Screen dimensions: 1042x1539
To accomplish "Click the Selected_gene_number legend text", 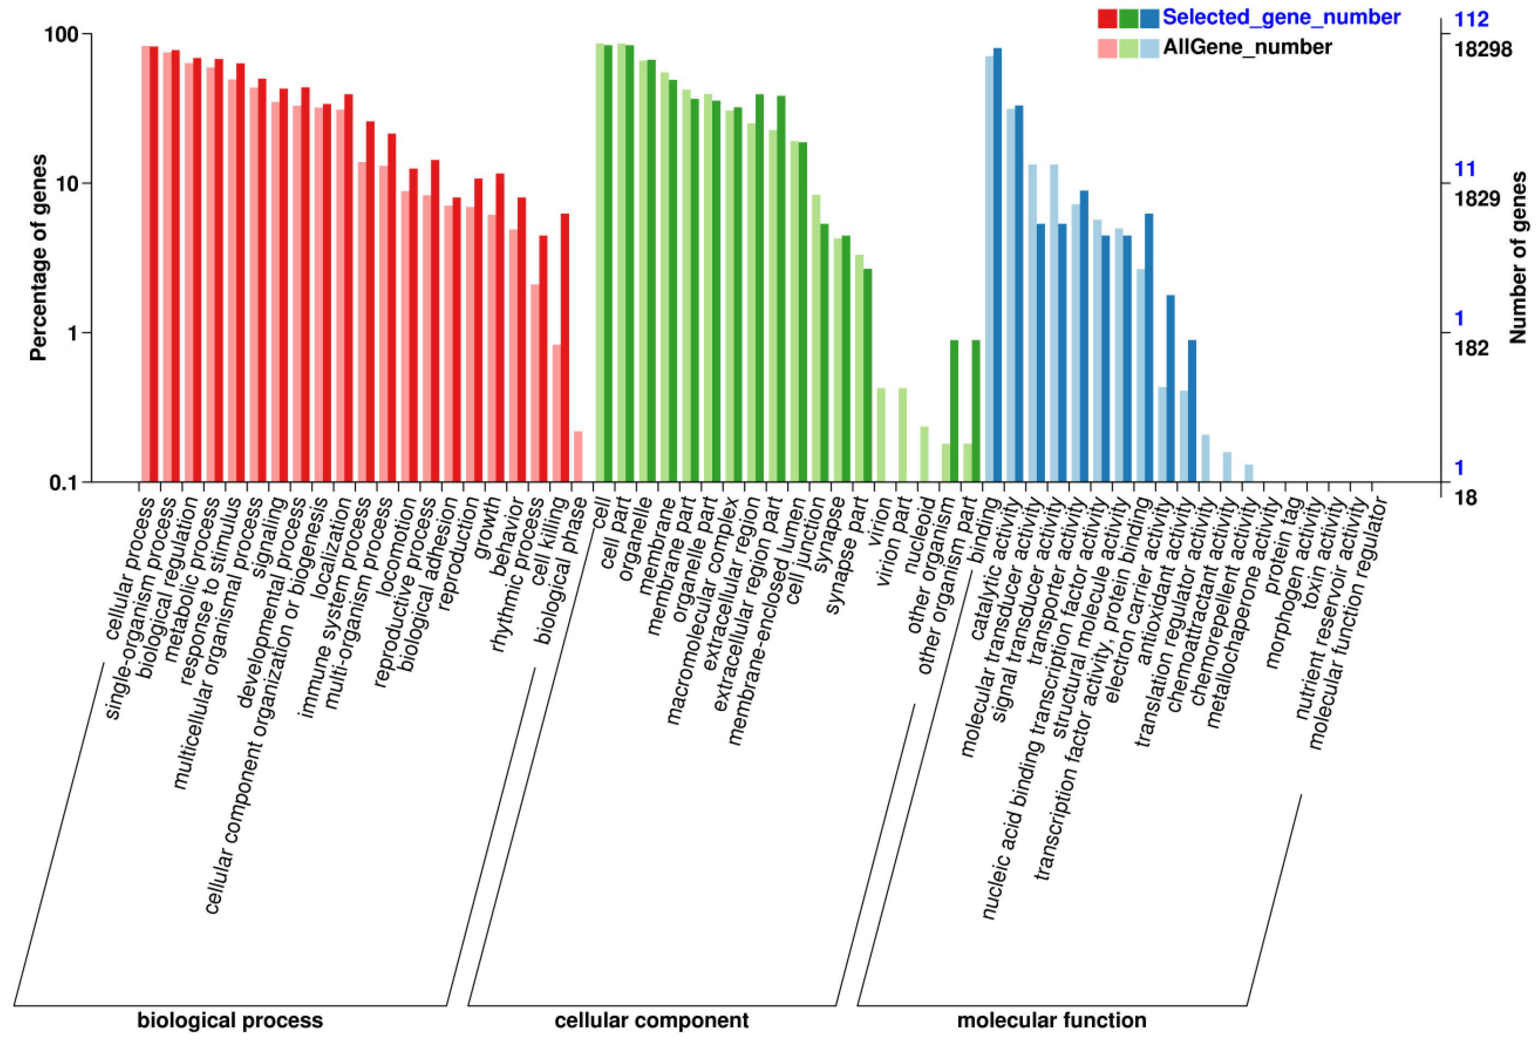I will click(1281, 17).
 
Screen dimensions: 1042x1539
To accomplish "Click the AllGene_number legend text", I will click(1247, 47).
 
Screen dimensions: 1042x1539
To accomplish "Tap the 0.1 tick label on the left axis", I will click(65, 483).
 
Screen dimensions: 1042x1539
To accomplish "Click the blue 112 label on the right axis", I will click(1471, 20).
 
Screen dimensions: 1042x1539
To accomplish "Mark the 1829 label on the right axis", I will click(1478, 199).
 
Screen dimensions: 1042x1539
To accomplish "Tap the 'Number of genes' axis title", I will click(1518, 257).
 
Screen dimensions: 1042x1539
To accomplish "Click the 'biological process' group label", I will click(230, 1020).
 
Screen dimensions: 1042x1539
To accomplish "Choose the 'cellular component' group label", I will click(652, 1020).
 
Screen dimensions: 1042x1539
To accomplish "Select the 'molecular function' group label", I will click(1052, 1020).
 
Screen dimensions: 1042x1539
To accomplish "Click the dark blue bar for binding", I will click(997, 265).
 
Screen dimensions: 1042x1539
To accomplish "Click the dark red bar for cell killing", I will click(565, 348).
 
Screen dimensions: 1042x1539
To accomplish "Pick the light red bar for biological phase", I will click(577, 456).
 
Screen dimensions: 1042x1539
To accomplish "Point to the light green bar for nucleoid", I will click(924, 453).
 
